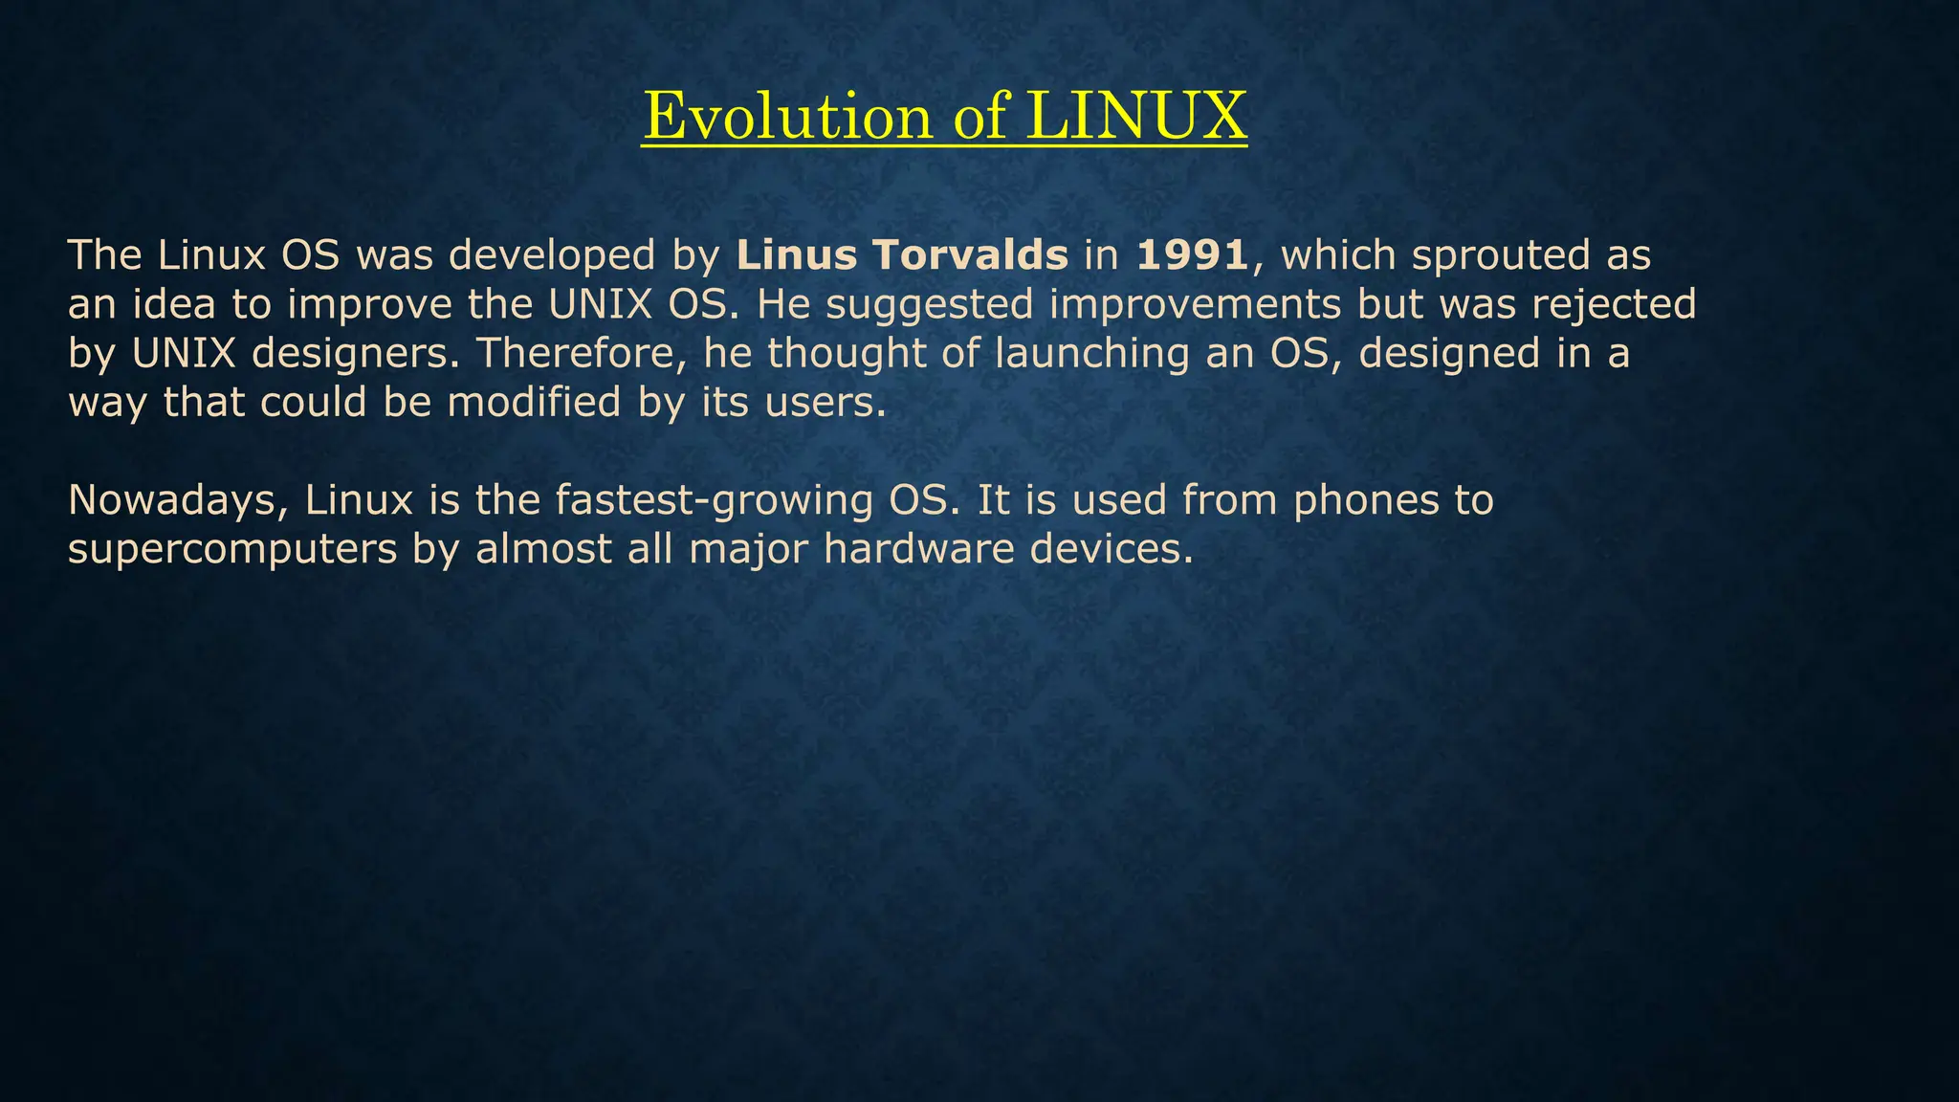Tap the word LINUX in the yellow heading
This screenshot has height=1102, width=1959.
pos(1136,116)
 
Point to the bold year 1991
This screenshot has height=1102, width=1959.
pos(1192,254)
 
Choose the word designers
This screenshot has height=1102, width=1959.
pos(356,354)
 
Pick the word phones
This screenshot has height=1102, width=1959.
pos(1366,500)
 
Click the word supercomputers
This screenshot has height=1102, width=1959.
pos(232,550)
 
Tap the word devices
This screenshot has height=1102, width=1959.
pos(1112,549)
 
